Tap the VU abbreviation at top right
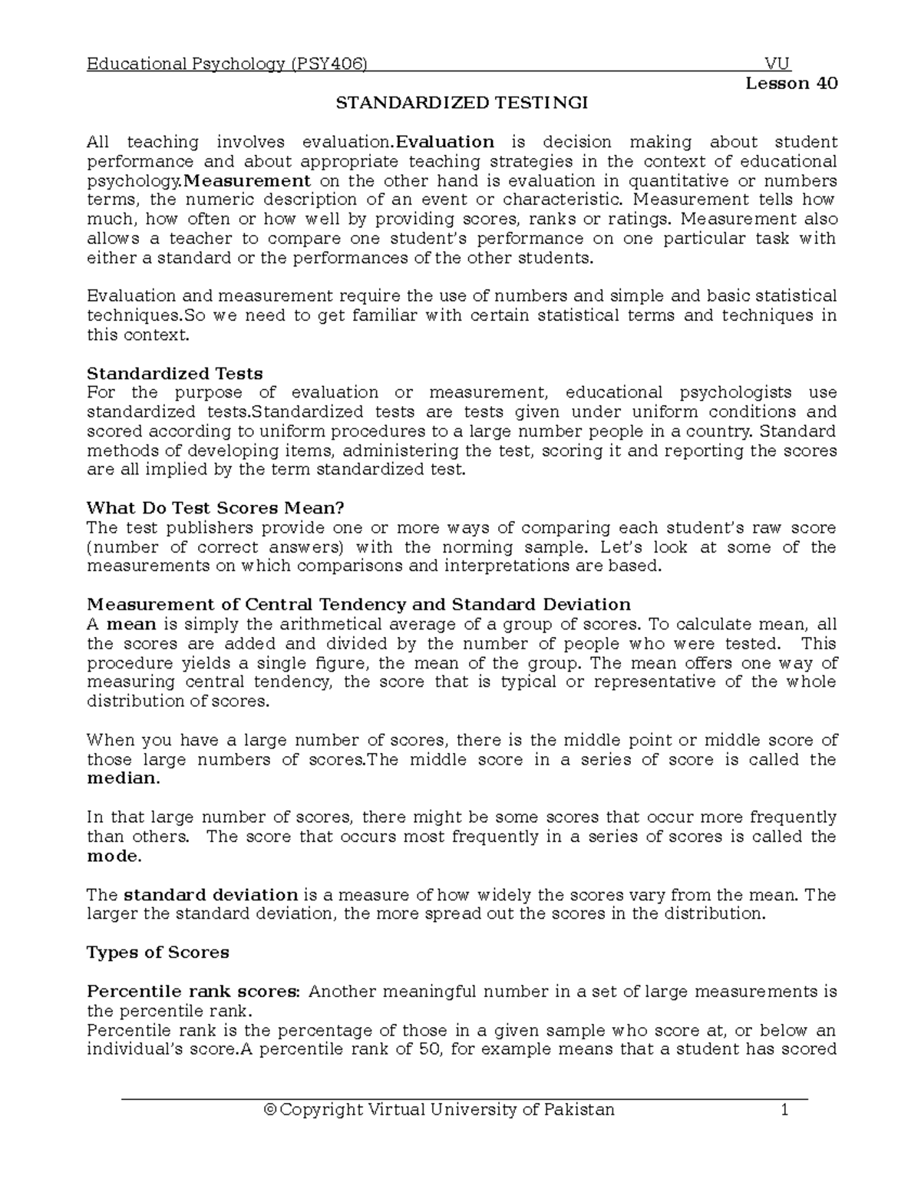(777, 64)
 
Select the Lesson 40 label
(791, 84)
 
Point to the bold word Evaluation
(444, 142)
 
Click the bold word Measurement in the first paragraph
(248, 181)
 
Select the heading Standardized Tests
(175, 374)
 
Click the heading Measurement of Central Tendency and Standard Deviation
(358, 604)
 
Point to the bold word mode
(114, 856)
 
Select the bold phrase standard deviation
(210, 895)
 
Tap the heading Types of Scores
(158, 953)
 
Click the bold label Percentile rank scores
(194, 992)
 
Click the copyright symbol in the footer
(269, 1110)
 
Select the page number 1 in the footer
(784, 1110)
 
